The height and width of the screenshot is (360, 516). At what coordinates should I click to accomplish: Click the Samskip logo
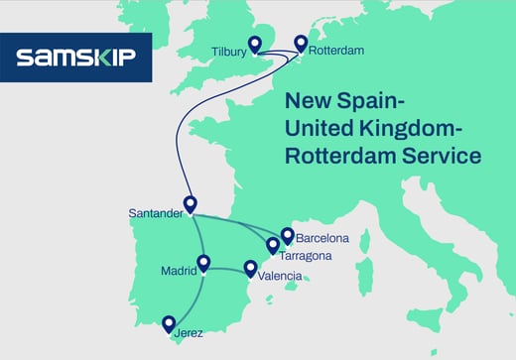coord(76,58)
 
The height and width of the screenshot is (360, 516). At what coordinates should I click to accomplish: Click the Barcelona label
coord(322,238)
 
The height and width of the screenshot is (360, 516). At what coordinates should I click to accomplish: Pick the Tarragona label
coord(305,256)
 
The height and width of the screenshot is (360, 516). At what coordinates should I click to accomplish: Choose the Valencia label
coord(280,276)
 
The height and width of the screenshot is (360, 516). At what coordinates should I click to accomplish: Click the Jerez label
coord(188,333)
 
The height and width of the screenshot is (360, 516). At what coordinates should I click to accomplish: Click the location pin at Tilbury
coord(254,43)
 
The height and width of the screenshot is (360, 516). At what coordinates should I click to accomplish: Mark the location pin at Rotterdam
coord(301,43)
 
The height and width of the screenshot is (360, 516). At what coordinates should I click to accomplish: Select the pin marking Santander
coord(191,204)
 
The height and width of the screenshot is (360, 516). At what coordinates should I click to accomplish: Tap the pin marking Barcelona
coord(288,235)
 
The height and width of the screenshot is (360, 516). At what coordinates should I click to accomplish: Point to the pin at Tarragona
coord(272,245)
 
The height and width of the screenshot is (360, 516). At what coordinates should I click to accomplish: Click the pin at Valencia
coord(250,268)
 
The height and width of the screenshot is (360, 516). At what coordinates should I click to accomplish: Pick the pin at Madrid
coord(203,263)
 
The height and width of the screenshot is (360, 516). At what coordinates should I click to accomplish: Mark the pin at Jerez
coord(169,323)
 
